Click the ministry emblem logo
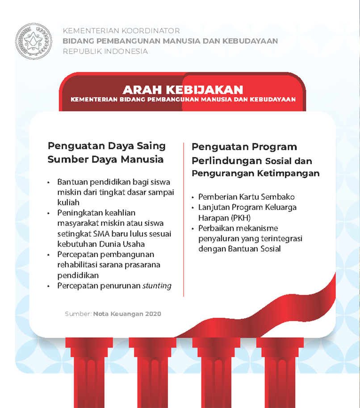click(33, 42)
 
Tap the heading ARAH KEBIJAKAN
click(183, 90)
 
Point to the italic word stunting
click(157, 286)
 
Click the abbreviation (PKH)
click(240, 218)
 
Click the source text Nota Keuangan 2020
click(127, 314)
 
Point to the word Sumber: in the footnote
click(78, 314)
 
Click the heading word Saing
click(151, 146)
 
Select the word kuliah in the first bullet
click(68, 202)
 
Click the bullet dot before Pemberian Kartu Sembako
click(193, 197)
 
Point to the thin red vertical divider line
click(184, 219)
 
